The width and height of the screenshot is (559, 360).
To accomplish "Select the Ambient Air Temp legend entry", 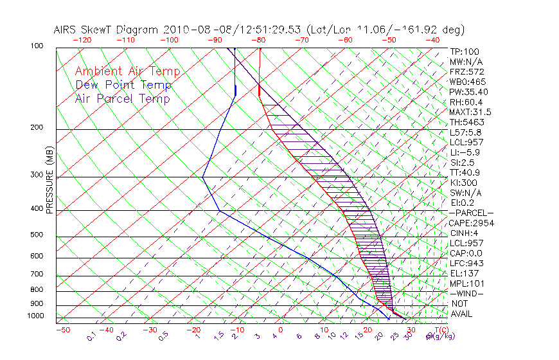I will [x=127, y=71].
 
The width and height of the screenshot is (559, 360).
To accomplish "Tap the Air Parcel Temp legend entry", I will [x=122, y=98].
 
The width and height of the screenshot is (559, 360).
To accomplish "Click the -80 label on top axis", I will [x=259, y=39].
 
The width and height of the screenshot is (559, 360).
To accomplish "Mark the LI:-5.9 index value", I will [x=465, y=152].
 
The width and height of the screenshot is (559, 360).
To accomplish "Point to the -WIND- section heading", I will [x=467, y=293].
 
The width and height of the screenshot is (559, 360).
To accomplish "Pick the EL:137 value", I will [x=464, y=273].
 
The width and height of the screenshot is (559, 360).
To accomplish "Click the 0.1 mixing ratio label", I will [x=91, y=336].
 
